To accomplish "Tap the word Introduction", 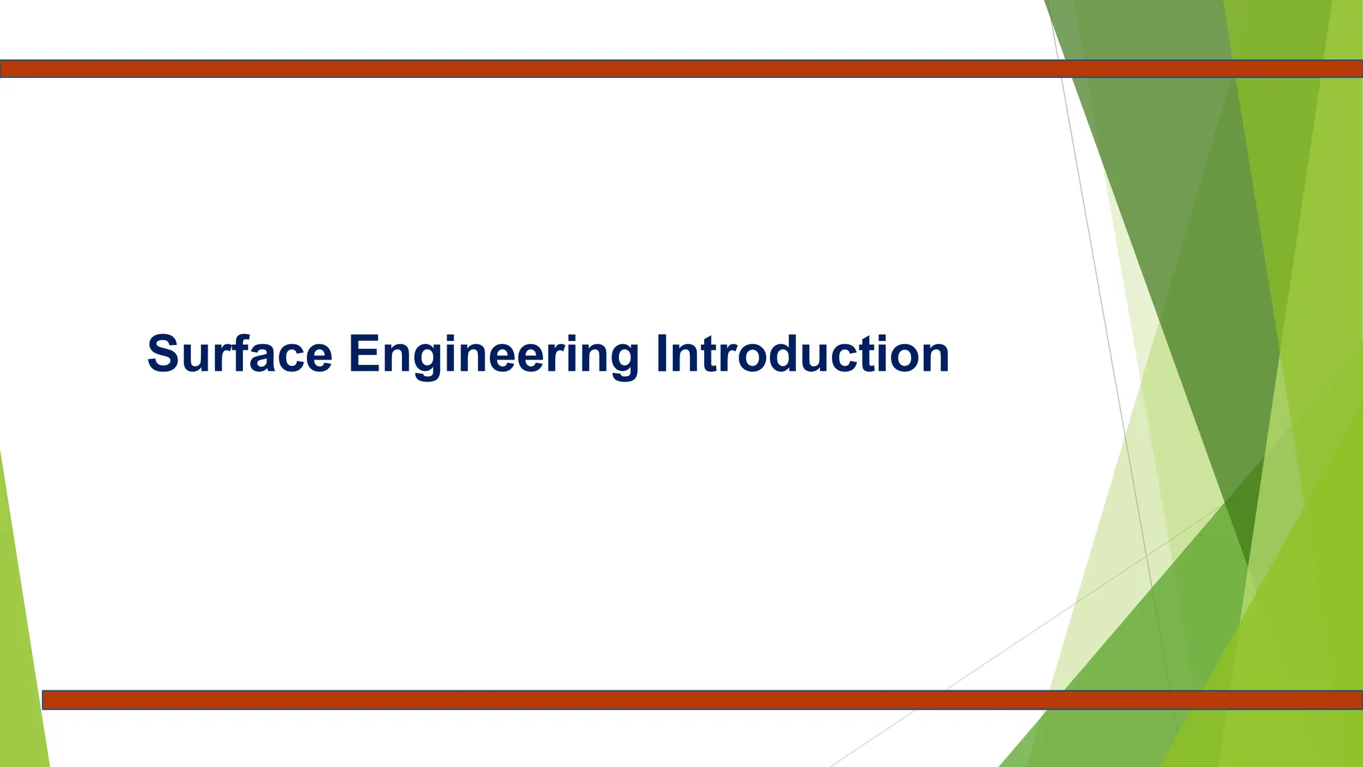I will tap(802, 354).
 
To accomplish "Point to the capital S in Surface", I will tap(162, 354).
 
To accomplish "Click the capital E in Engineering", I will tap(363, 354).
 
